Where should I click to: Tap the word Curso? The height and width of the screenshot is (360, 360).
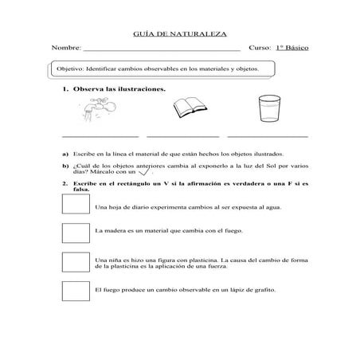(260, 49)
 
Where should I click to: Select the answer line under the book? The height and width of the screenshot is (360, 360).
(182, 137)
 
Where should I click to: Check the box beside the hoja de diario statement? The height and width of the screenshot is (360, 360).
(76, 205)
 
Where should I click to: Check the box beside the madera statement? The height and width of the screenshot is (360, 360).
(76, 232)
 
